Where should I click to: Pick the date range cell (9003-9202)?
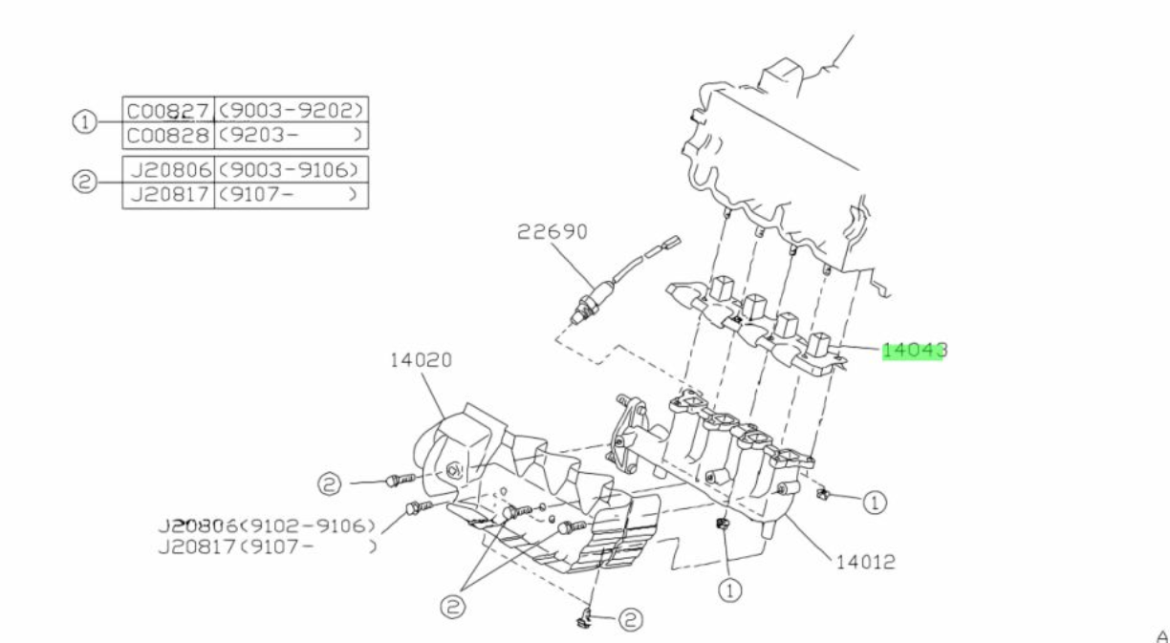pos(292,109)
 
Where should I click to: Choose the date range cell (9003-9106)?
pos(292,170)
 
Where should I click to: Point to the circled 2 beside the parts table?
pos(85,182)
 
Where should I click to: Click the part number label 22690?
pos(552,232)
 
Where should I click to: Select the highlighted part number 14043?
pos(913,351)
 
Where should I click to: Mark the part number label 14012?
pos(863,562)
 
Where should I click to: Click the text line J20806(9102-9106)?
pos(267,525)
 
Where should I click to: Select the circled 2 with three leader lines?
pos(455,604)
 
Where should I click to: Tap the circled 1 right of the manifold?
pos(876,501)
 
